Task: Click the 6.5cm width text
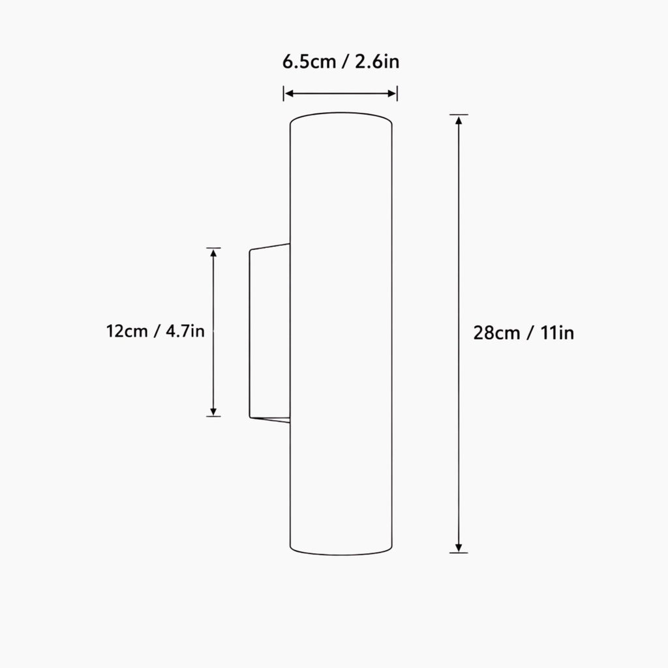tap(309, 62)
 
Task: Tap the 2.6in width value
tap(377, 62)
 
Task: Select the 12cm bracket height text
tap(127, 331)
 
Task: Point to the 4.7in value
tap(185, 331)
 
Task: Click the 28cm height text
tap(496, 333)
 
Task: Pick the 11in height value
tap(557, 333)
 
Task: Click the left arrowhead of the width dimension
tap(289, 94)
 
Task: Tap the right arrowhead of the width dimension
tap(392, 94)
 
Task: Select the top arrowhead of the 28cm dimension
tap(459, 120)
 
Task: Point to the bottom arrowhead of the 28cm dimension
tap(459, 547)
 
